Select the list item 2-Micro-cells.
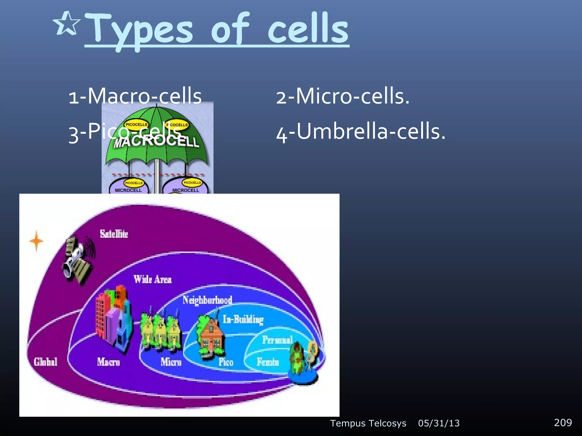(343, 96)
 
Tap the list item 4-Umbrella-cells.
(361, 132)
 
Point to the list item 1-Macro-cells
(135, 96)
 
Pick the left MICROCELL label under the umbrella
(128, 190)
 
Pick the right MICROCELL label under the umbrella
(186, 190)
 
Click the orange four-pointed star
(36, 241)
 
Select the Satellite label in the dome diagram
(114, 234)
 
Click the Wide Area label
(153, 280)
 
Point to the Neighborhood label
(207, 300)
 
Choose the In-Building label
(243, 320)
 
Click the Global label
(45, 362)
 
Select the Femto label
(268, 362)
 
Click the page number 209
(563, 423)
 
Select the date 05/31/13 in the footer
(439, 423)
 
